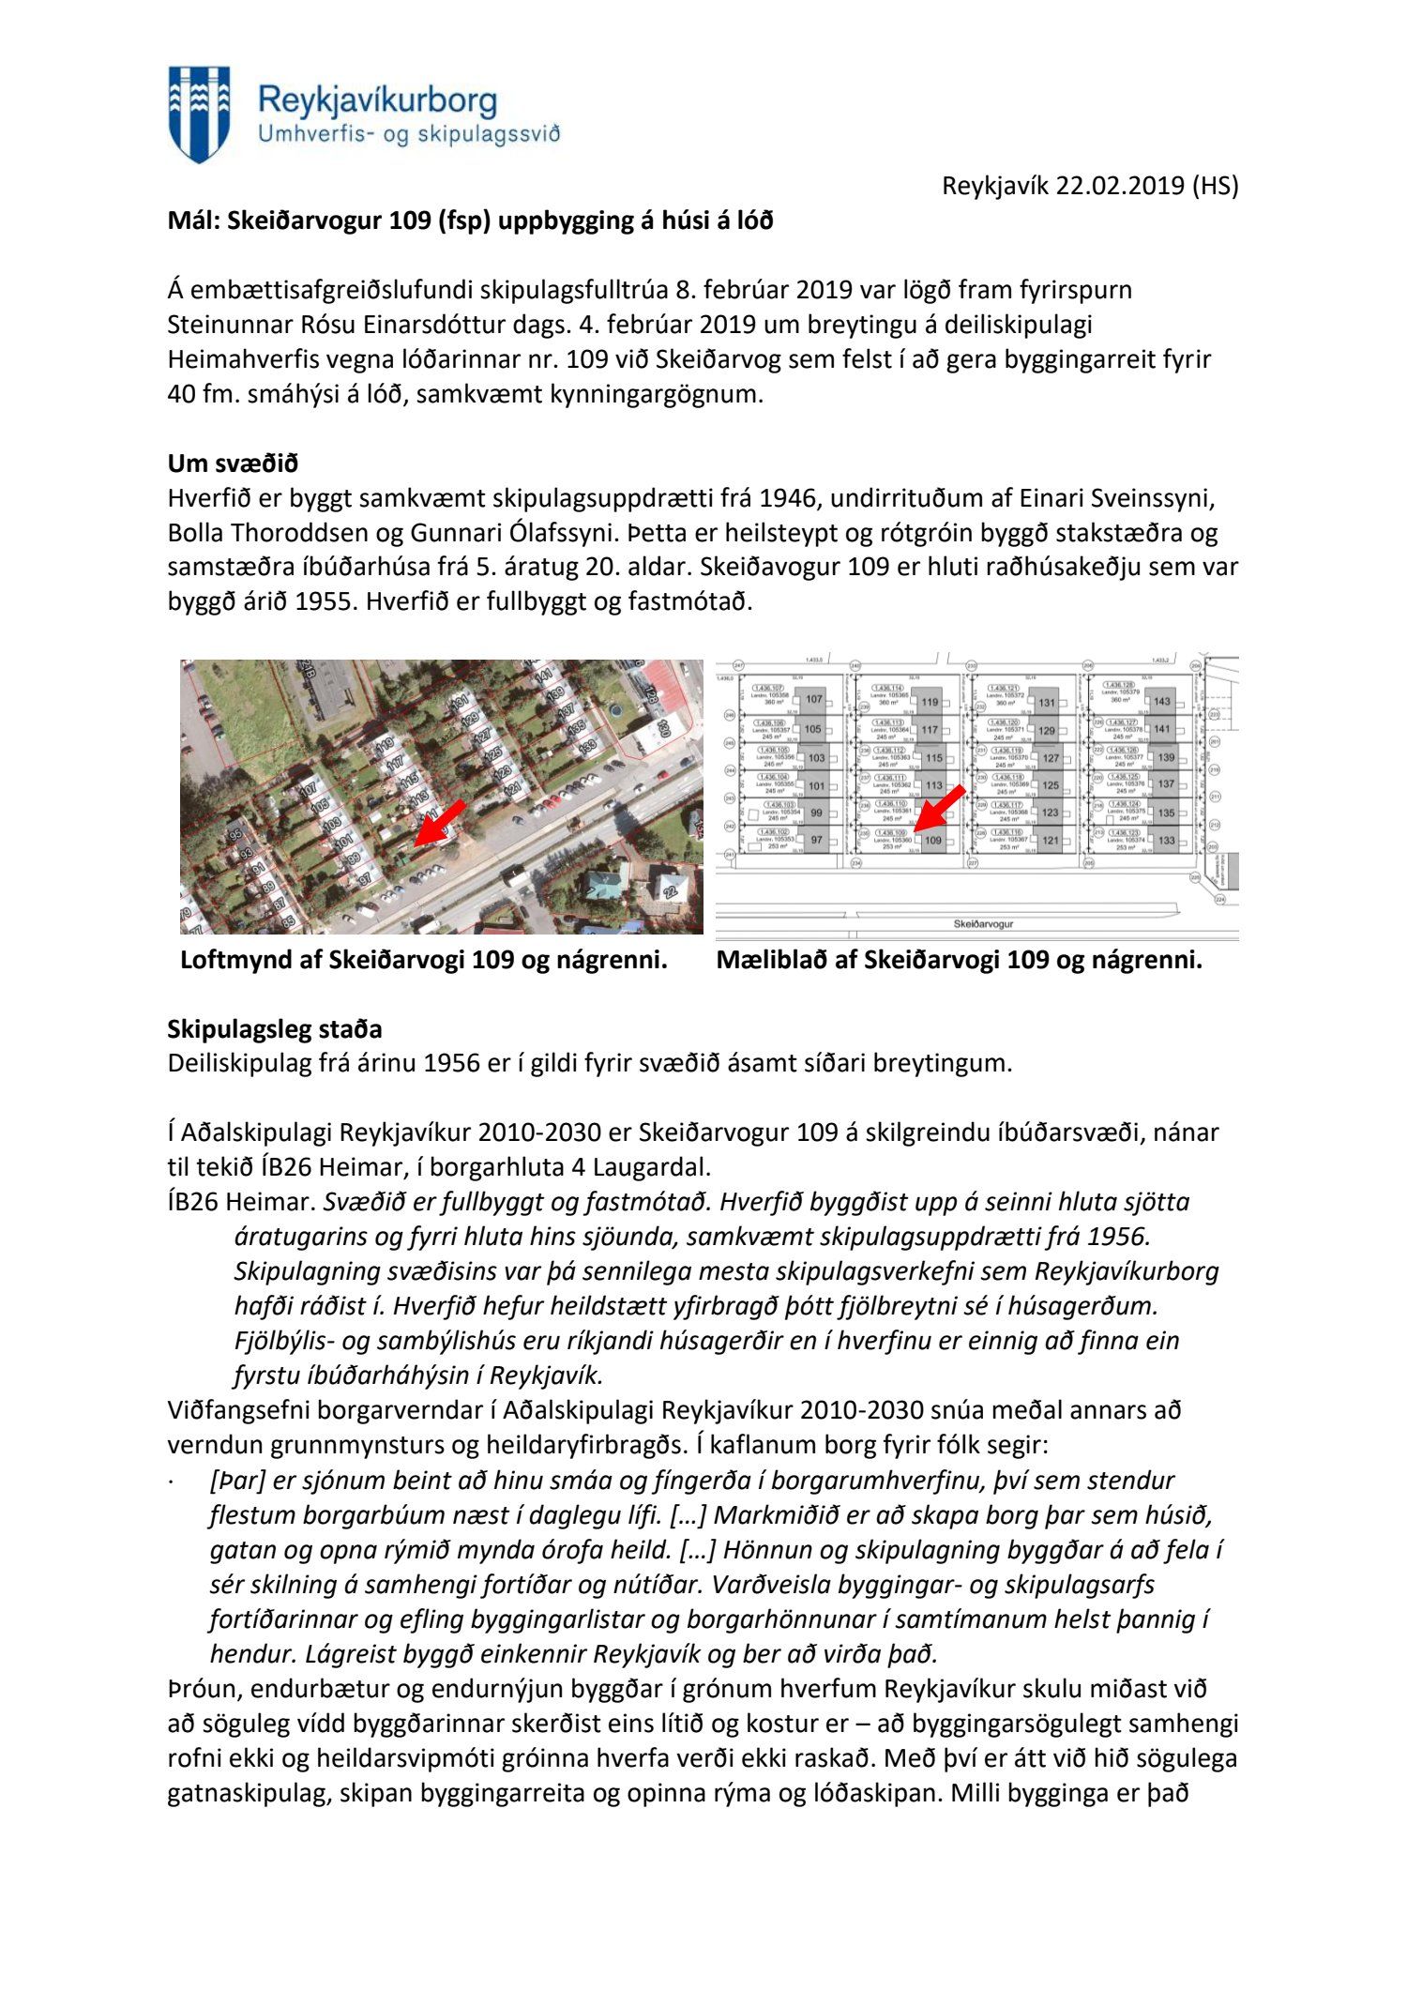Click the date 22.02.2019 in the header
pyautogui.click(x=1120, y=186)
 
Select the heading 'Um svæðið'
pyautogui.click(x=233, y=464)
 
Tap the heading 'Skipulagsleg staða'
pyautogui.click(x=275, y=1029)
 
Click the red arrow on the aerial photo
pyautogui.click(x=439, y=823)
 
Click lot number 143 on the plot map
pyautogui.click(x=1162, y=701)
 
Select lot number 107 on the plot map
pyautogui.click(x=813, y=699)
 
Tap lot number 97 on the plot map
pyautogui.click(x=816, y=840)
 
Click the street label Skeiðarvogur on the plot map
pyautogui.click(x=983, y=923)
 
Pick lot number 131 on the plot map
pyautogui.click(x=1047, y=702)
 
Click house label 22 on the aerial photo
pyautogui.click(x=669, y=890)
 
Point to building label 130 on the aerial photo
pyautogui.click(x=663, y=728)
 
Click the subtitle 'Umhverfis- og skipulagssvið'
pyautogui.click(x=409, y=134)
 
